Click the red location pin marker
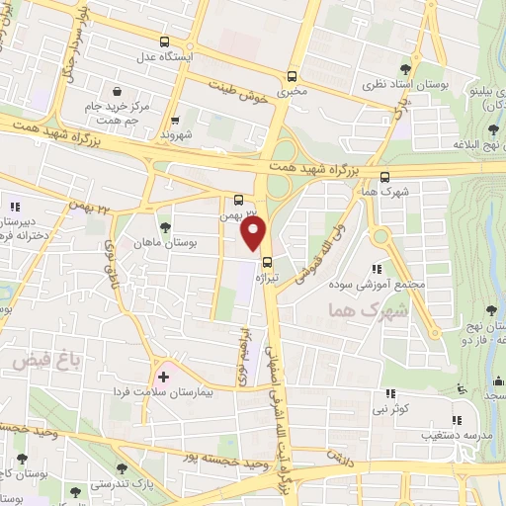coord(254,233)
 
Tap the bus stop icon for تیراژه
coord(268,261)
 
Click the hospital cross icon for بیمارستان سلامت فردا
coord(164,378)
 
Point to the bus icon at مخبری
coord(291,76)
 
